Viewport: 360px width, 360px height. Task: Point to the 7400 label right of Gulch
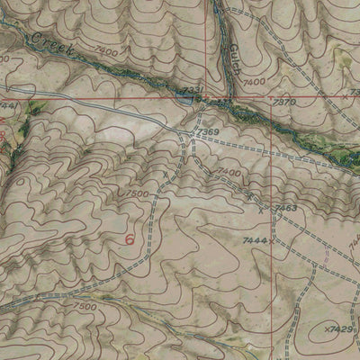254,82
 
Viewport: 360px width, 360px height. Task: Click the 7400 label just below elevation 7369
229,172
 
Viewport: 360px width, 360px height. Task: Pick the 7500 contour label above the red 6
138,193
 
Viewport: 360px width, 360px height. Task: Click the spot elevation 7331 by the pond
192,88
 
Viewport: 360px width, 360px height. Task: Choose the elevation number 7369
209,133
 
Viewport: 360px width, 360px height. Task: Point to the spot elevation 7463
285,208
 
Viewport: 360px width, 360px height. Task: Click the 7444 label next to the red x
255,241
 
